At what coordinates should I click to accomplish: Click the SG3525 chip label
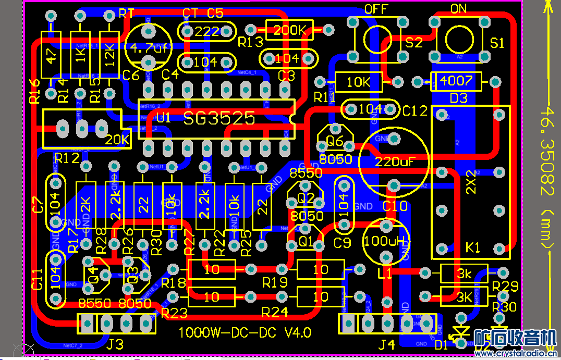tap(219, 118)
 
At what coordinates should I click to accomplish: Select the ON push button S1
tap(459, 38)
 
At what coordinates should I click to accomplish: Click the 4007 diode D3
tap(456, 81)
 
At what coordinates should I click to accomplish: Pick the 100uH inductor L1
tap(386, 241)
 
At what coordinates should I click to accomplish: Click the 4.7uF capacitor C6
tap(149, 49)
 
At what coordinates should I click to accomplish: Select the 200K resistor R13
tap(289, 30)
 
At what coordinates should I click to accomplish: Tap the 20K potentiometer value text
tap(117, 140)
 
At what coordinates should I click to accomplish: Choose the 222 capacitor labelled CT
tap(206, 31)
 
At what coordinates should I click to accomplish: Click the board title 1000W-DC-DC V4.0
tap(245, 332)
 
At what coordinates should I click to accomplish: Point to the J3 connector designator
tap(115, 344)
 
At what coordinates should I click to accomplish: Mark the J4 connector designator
tap(386, 344)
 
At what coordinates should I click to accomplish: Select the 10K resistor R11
tap(358, 82)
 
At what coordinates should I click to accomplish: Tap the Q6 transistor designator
tap(335, 141)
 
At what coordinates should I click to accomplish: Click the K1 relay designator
tap(473, 247)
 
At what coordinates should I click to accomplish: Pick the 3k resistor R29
tap(464, 273)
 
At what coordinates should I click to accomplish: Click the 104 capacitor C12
tap(370, 109)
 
